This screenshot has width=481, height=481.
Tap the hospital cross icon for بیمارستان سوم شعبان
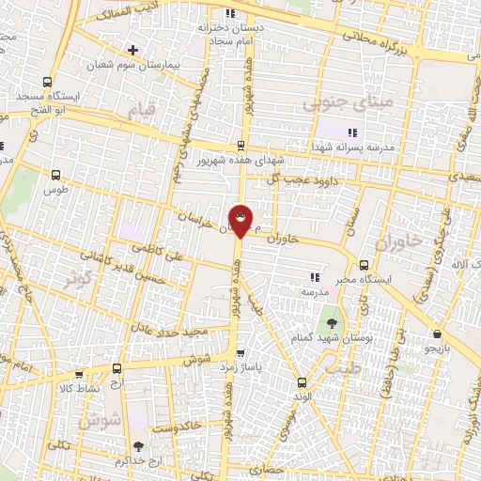pos(132,49)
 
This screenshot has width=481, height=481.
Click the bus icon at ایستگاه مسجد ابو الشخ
pos(48,82)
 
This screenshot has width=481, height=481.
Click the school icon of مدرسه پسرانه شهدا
pos(352,133)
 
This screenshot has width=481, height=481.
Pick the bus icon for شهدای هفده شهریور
pos(240,145)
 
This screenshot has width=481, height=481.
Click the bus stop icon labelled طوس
pos(55,175)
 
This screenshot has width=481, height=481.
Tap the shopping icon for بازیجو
pos(437,334)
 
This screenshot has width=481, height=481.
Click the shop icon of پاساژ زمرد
pos(241,354)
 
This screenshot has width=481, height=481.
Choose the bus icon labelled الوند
pos(302,382)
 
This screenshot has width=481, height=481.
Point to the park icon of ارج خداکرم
pos(139,447)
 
